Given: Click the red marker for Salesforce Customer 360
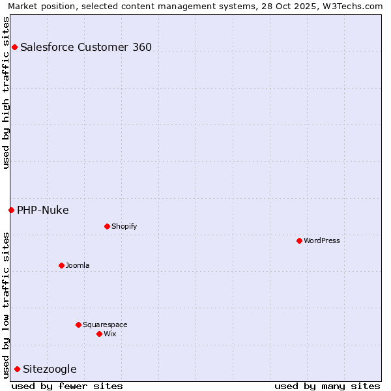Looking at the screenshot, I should pos(14,47).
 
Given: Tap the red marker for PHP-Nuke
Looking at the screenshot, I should pos(11,210).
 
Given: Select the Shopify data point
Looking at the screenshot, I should pos(107,226).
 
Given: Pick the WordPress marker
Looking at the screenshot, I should pos(299,240).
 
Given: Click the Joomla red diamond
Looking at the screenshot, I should pos(61,265).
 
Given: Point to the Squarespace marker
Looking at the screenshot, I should pos(78,325).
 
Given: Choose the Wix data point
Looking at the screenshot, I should pos(99,334).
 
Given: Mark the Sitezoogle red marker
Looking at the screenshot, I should pos(17,369).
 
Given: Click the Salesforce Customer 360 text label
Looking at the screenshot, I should pos(86,47).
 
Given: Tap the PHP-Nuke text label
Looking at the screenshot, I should pos(43,210).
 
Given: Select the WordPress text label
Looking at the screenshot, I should pos(322,240).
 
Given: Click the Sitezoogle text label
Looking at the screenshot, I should pos(50,369).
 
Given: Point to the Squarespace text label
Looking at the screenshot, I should pos(105,325).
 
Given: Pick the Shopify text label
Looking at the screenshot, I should pos(124,226).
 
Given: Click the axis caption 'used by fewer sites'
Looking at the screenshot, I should pos(67,386).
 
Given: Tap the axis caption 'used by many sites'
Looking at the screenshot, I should pos(327,386).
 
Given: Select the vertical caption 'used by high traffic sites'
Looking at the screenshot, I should pos(6,92).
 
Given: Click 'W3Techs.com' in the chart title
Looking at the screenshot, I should pos(355,6).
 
